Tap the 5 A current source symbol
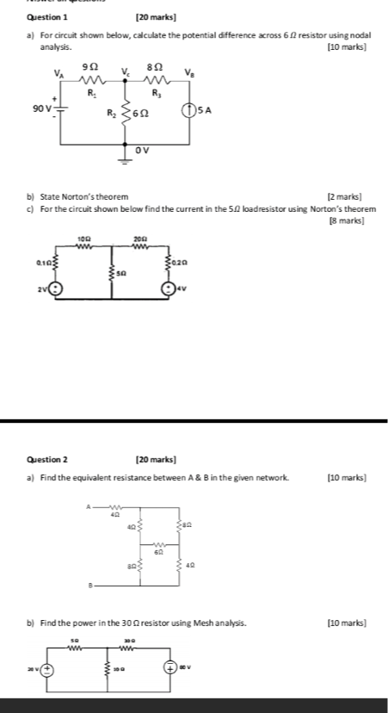[x=187, y=110]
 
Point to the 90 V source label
[x=42, y=108]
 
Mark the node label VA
[x=59, y=73]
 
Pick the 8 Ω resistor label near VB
[x=155, y=66]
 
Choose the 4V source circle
[x=172, y=288]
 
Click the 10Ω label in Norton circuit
[x=84, y=239]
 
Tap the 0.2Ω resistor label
[x=180, y=262]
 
